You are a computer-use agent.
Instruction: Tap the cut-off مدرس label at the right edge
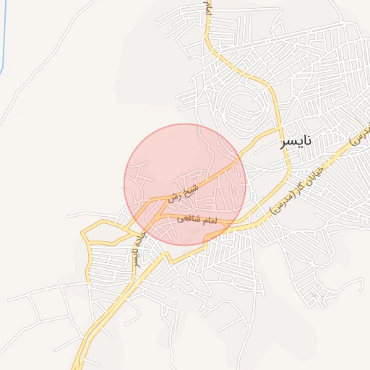pyautogui.click(x=361, y=136)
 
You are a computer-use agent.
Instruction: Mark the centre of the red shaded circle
pyautogui.click(x=185, y=184)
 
